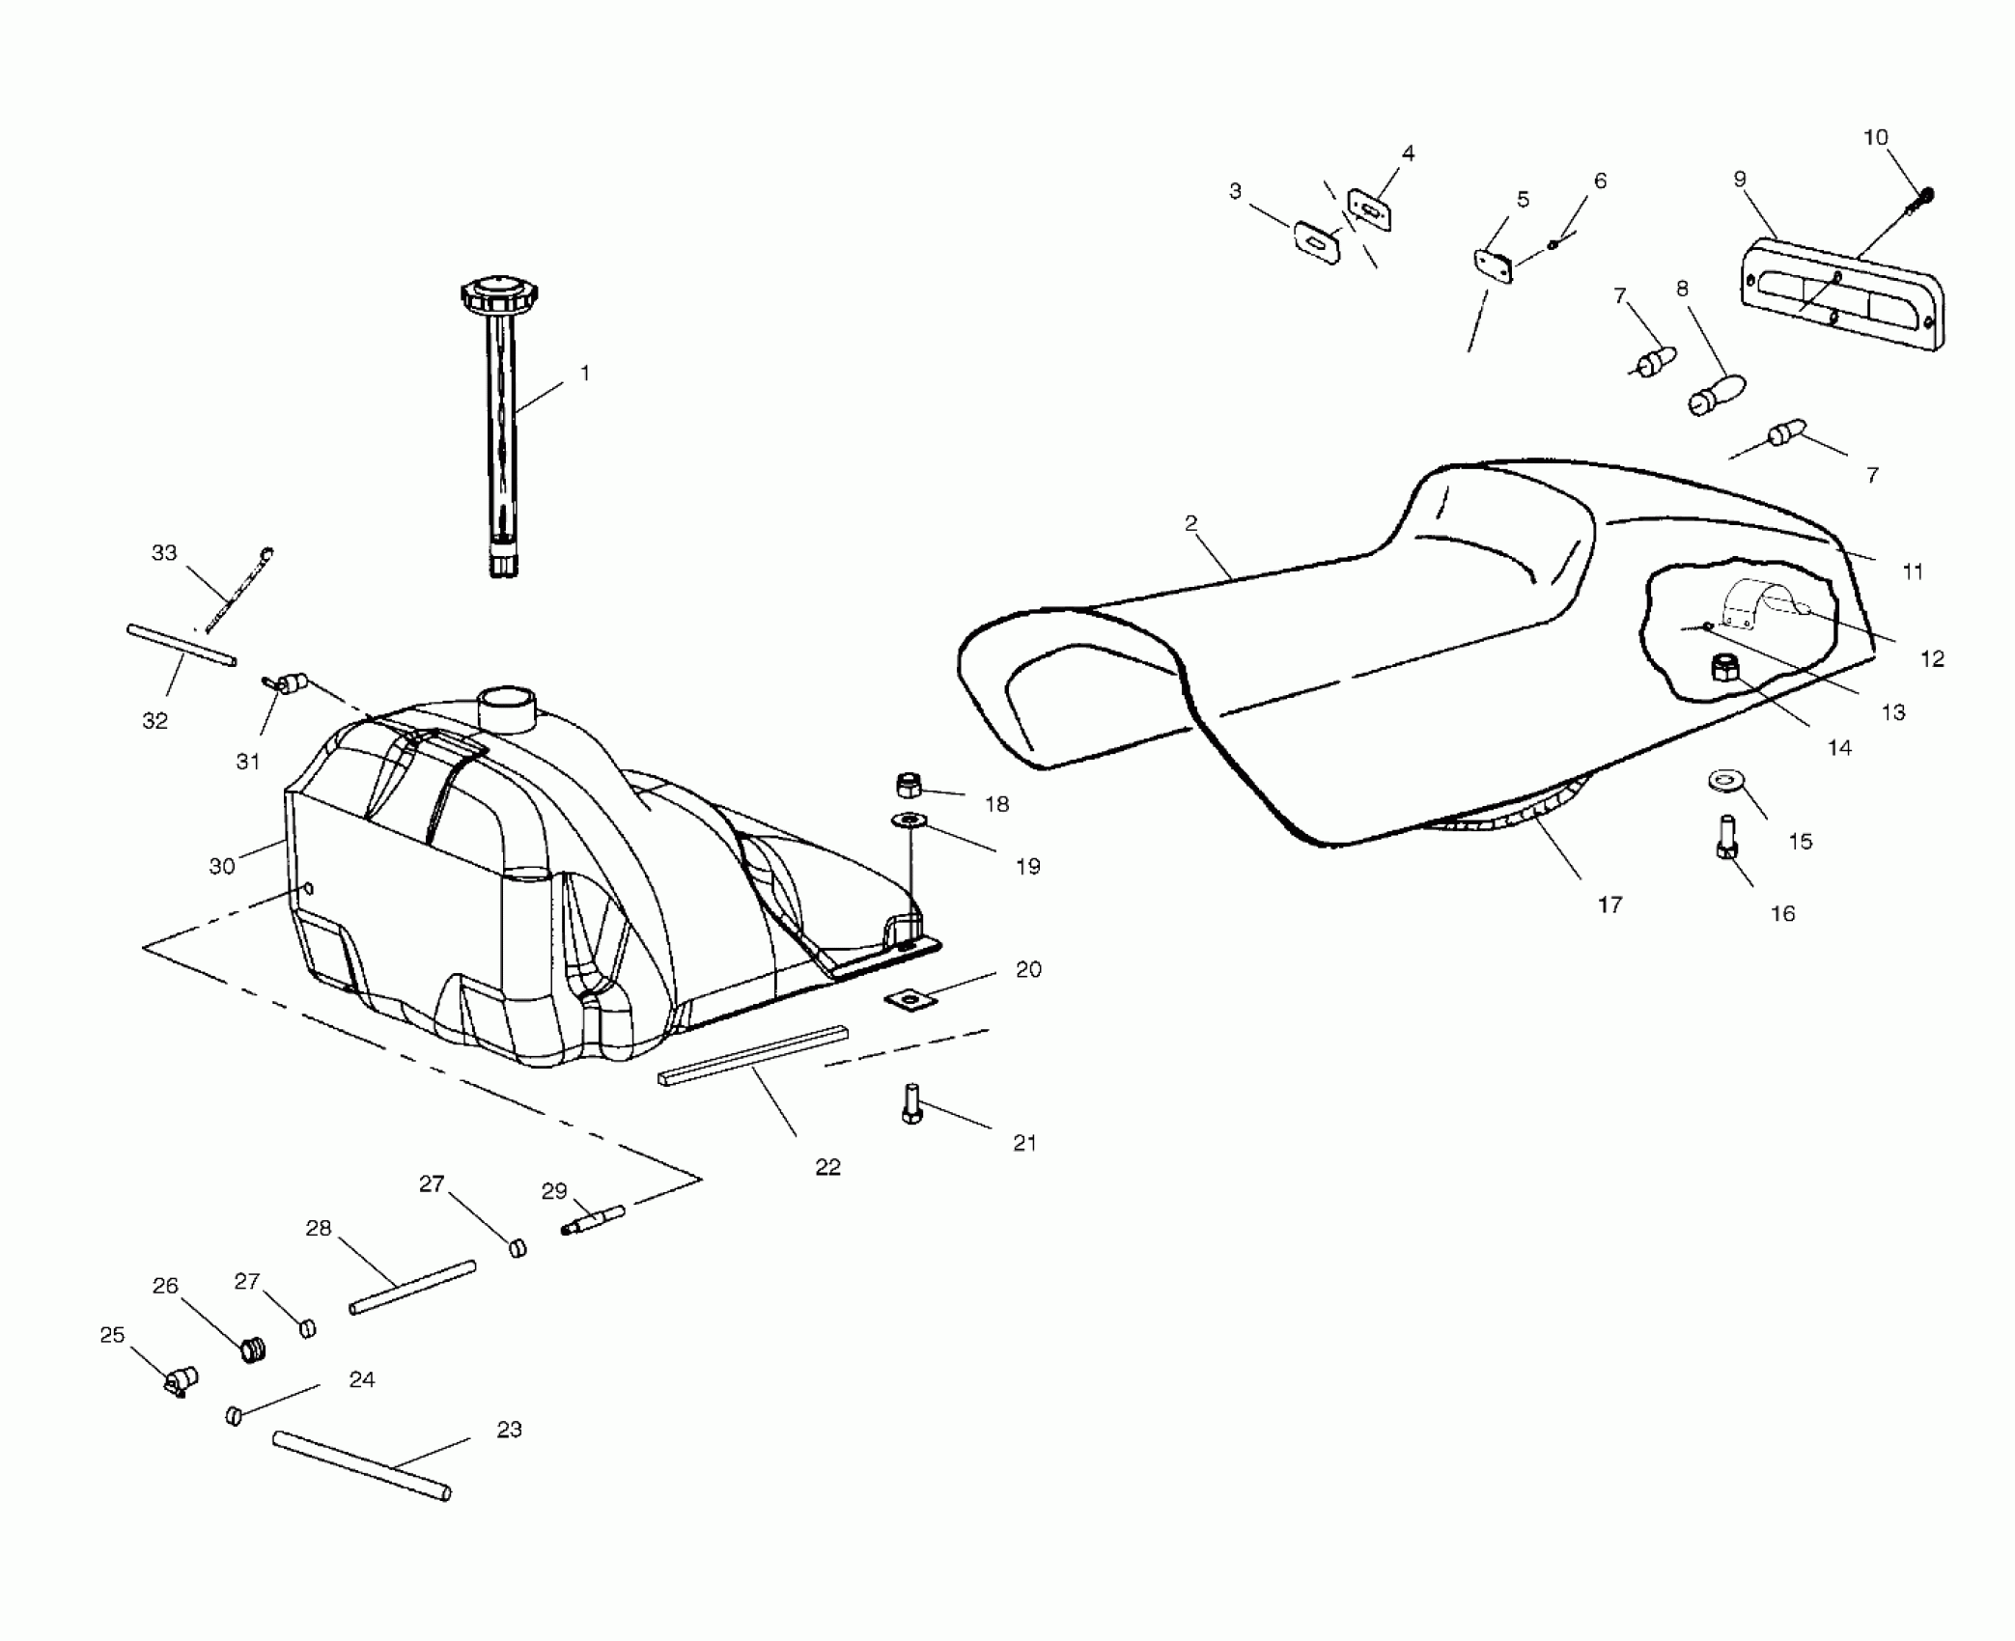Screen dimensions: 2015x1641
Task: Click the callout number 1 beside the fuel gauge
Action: (584, 373)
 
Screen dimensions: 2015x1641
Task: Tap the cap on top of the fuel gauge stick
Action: (498, 293)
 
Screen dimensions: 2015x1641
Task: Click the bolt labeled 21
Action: (911, 1103)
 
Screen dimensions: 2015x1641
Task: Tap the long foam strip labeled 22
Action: (752, 1056)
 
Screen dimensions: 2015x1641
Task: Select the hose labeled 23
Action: (362, 1465)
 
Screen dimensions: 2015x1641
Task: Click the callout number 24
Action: (362, 1379)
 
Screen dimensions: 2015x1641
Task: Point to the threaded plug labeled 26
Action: (253, 1349)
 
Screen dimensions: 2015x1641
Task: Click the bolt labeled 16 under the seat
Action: (1727, 836)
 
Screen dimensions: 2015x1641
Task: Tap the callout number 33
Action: (164, 552)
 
